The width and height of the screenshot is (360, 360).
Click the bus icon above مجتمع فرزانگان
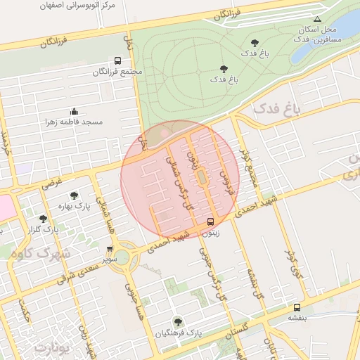click(x=117, y=61)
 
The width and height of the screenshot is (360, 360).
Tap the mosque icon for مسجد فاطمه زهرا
click(x=74, y=111)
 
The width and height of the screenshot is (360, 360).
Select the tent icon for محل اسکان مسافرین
click(x=318, y=19)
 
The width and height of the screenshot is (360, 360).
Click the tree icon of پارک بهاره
click(x=74, y=195)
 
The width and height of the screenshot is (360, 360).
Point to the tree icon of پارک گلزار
click(x=44, y=219)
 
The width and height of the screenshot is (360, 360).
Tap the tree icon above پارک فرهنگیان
click(x=177, y=321)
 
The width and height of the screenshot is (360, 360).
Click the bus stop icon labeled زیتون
click(x=210, y=222)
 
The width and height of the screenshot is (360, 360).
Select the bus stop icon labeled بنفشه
click(x=297, y=307)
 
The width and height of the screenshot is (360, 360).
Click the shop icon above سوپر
click(x=109, y=248)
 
